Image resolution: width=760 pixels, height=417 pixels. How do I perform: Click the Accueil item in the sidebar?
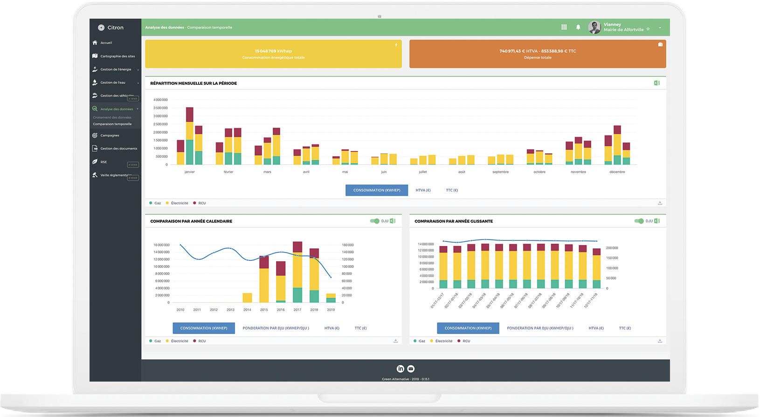coord(106,43)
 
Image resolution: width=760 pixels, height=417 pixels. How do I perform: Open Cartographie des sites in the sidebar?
coord(117,56)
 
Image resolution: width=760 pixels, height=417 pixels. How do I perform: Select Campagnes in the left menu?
coord(110,136)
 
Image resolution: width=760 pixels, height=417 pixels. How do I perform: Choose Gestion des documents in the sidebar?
coord(118,149)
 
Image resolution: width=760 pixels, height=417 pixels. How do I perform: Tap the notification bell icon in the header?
coord(578,27)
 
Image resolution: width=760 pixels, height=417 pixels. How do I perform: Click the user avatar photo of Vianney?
coord(594,27)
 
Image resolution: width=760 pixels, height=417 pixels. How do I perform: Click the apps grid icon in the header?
coord(564,27)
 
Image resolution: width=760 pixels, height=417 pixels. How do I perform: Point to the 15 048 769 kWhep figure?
coord(273,51)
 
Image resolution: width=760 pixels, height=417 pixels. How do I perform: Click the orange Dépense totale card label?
coord(538,58)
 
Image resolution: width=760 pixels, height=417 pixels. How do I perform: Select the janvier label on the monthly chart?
coord(189,172)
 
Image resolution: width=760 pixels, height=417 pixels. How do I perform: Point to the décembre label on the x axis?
coord(617,172)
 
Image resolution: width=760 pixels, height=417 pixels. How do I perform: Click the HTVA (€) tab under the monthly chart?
coord(423,190)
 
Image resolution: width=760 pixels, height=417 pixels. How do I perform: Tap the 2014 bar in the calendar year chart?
coord(247,298)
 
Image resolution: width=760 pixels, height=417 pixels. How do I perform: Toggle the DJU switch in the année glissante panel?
coord(639,221)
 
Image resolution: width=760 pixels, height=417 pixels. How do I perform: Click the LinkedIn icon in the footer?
coord(400,369)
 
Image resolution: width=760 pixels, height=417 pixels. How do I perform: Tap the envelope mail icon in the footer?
coord(411,369)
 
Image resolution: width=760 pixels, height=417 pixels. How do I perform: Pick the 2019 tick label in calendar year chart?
coord(331,310)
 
